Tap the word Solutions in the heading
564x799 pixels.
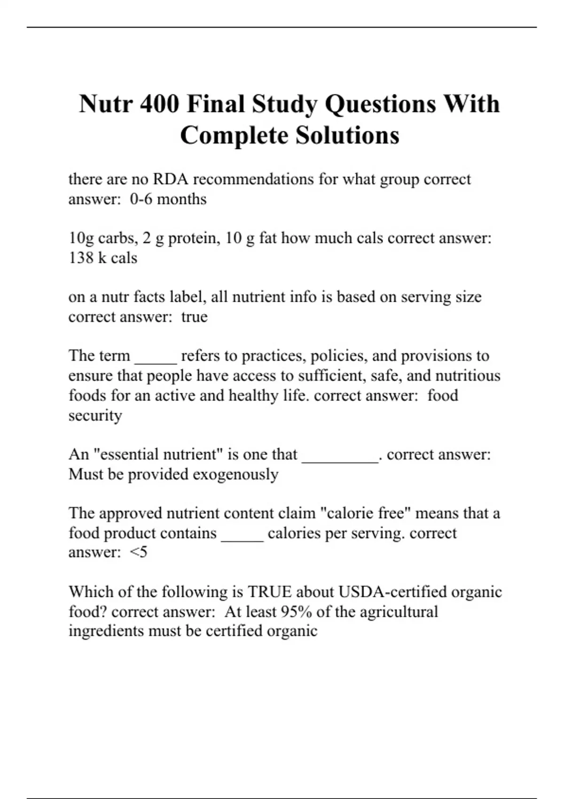point(347,135)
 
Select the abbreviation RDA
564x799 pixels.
point(171,179)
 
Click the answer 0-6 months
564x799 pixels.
point(168,199)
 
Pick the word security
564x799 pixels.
point(95,415)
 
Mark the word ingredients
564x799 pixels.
point(107,631)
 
